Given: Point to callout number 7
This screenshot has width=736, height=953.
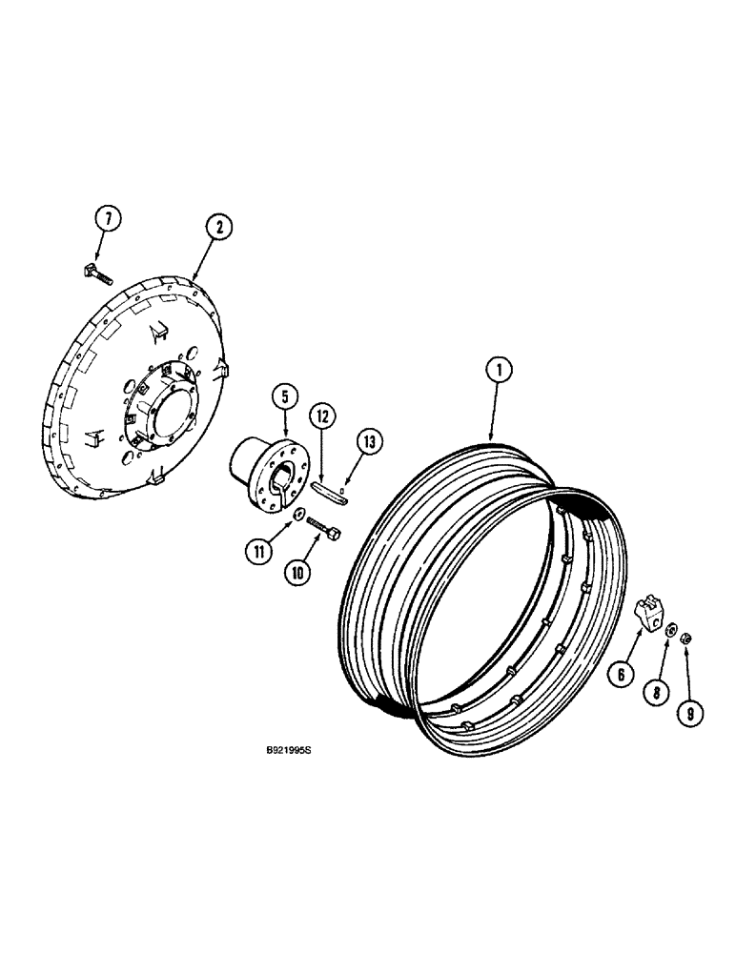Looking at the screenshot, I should [x=109, y=219].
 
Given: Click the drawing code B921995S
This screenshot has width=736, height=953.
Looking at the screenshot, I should [x=289, y=751].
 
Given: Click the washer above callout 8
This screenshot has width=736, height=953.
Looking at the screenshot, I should [x=671, y=629].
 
